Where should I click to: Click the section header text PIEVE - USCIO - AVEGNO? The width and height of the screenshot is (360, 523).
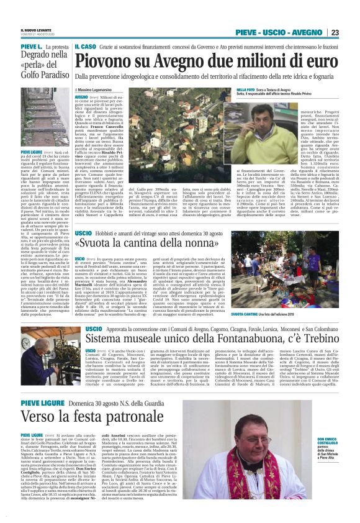coord(279,32)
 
